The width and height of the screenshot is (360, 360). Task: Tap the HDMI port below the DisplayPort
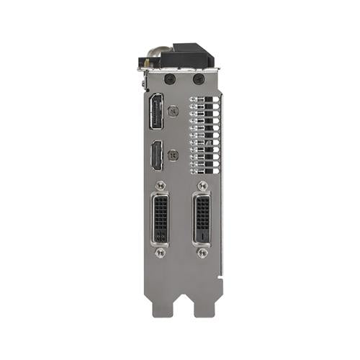pos(155,156)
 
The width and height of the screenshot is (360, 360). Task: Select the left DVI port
pos(161,218)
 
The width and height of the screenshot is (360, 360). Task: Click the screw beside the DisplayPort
pos(173,112)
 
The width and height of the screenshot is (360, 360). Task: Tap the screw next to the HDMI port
pos(173,154)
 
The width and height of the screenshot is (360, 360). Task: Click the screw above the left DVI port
pos(161,186)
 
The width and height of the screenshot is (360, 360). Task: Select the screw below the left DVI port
pos(161,253)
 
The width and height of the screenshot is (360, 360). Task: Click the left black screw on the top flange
pos(169,78)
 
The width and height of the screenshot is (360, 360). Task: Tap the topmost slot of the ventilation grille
pos(204,101)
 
